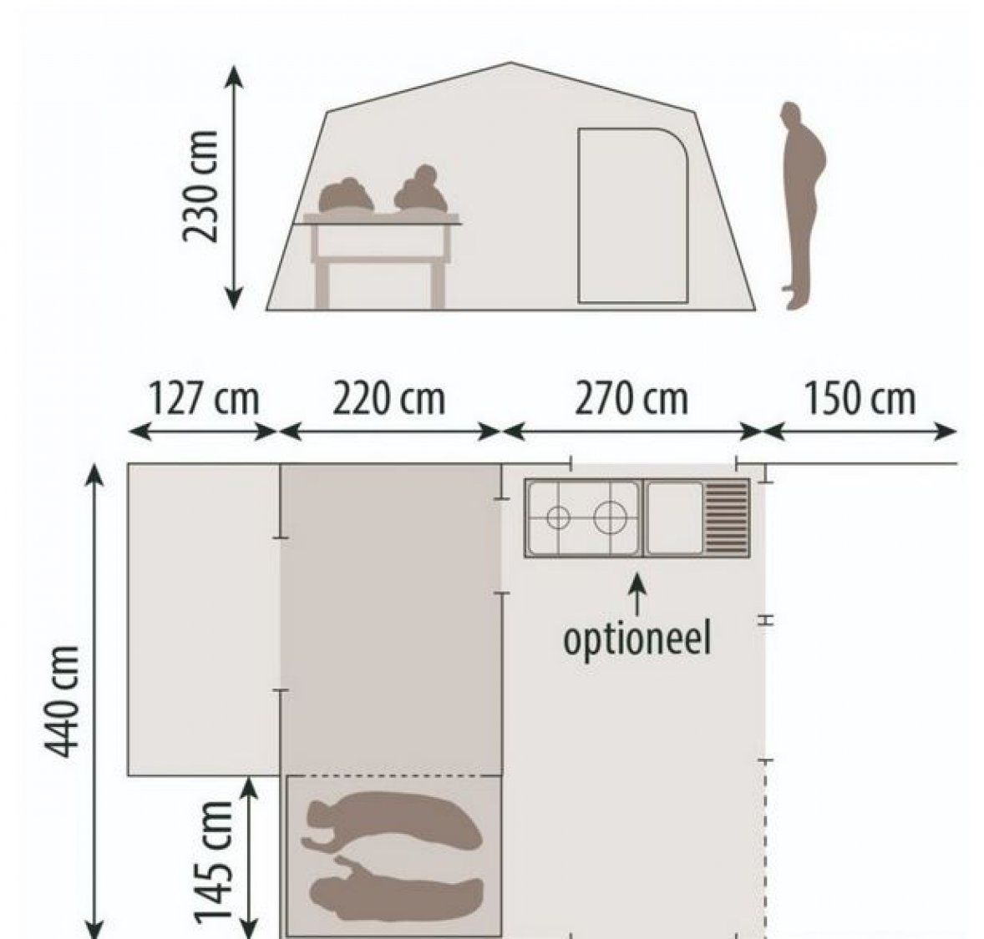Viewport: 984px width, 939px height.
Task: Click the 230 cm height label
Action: point(200,186)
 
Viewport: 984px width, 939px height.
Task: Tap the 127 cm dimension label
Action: point(202,398)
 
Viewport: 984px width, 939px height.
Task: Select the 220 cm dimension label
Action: point(388,398)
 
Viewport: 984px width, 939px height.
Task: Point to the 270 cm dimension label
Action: point(631,398)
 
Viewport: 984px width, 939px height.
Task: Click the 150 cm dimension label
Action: point(859,398)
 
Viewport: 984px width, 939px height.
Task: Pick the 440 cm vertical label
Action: point(62,701)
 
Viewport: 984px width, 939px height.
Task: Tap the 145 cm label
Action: point(213,862)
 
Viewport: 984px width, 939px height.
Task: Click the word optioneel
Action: point(637,639)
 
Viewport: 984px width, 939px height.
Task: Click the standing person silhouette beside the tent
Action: point(802,205)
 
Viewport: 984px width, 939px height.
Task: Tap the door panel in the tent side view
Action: point(632,216)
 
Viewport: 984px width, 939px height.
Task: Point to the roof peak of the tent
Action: point(510,63)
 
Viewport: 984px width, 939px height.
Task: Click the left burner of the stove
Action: point(558,518)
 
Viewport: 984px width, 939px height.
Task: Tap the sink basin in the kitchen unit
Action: point(675,518)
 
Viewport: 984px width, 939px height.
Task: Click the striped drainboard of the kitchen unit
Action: point(727,518)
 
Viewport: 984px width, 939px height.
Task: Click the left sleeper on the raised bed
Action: point(347,196)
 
